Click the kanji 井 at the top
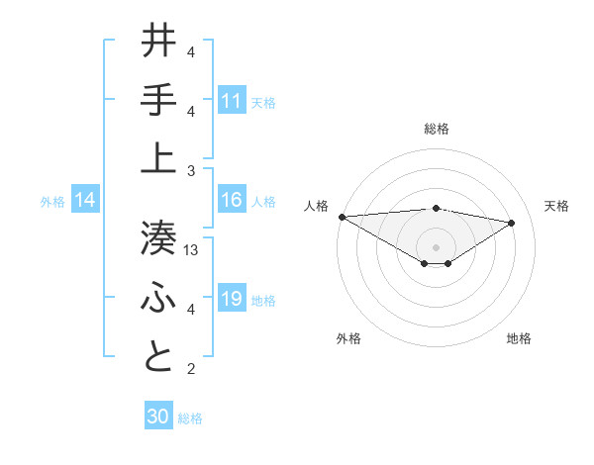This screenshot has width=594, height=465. point(159,41)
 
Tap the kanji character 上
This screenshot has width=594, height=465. point(159,157)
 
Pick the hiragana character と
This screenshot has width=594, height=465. point(159,356)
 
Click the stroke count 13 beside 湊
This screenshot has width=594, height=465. point(192,250)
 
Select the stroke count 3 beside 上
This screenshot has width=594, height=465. point(191,170)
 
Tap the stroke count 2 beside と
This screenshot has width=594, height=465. point(191,369)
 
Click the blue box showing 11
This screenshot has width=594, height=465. point(232,100)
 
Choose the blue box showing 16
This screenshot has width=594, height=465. point(232,201)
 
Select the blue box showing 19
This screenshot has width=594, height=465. point(232,300)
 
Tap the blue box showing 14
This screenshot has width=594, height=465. point(85,201)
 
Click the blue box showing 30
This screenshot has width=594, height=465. point(158,417)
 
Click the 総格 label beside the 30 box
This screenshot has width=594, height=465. point(190,418)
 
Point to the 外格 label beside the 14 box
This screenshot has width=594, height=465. point(52,202)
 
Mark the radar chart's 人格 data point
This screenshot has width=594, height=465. point(342,216)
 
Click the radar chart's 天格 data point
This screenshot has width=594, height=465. point(512,223)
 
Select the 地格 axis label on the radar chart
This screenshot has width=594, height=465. point(519,338)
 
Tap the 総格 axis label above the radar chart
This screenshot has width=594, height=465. point(436,129)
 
